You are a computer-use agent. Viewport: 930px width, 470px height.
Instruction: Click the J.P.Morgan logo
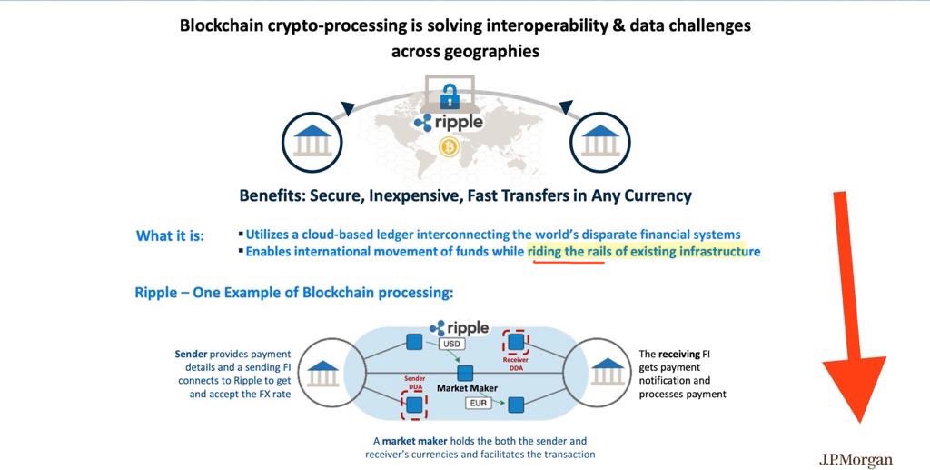point(856,460)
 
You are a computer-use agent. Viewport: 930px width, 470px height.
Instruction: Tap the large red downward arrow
point(854,306)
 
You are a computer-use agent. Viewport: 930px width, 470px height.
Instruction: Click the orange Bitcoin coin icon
point(449,147)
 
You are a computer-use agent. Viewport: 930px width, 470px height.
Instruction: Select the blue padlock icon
point(450,96)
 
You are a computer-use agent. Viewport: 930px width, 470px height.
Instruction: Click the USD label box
point(451,345)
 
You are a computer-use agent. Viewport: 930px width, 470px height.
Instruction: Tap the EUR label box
point(479,403)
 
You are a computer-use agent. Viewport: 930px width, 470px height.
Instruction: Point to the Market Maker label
point(468,388)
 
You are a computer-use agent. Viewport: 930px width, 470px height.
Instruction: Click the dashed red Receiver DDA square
point(516,342)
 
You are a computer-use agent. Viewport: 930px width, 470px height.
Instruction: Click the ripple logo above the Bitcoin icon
point(449,122)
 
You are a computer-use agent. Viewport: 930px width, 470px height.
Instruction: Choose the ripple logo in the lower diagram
point(459,327)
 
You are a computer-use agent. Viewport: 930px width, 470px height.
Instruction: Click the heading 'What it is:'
point(170,236)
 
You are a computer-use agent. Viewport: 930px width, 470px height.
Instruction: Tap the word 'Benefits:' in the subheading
point(272,195)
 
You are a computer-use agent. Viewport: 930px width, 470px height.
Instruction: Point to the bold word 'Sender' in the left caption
point(191,355)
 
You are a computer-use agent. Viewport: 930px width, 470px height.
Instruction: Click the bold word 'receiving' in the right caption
point(679,355)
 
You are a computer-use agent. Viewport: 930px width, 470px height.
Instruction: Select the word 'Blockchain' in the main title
point(221,26)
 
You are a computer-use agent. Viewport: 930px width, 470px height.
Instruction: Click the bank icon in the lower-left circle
point(323,373)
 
